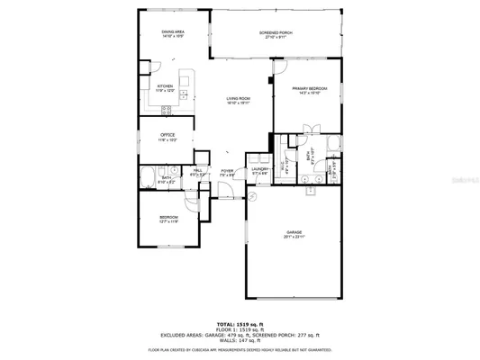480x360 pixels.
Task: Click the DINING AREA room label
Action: point(174,32)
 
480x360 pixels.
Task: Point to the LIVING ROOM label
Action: point(238,99)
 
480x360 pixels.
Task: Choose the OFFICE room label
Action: point(155,135)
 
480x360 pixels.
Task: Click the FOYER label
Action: point(228,170)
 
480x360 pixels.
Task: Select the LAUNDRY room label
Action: point(260,169)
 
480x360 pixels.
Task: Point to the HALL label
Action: point(197,170)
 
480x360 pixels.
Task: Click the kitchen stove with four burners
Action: point(166,110)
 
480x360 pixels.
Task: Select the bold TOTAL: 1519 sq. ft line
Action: point(240,321)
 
